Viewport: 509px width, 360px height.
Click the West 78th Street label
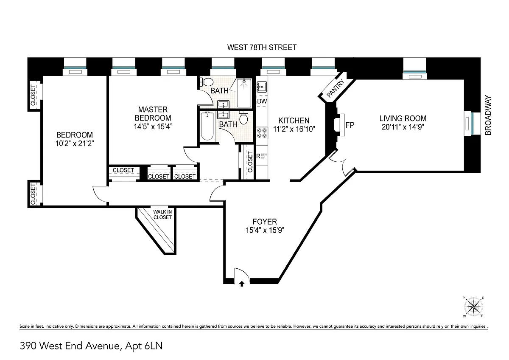(x=262, y=47)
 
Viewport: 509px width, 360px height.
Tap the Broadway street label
(x=488, y=115)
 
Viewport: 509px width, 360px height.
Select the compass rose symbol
(x=473, y=307)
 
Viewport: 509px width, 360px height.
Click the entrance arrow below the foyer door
(x=242, y=284)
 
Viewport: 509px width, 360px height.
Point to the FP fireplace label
(x=350, y=125)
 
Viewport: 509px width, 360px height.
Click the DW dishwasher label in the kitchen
(x=262, y=101)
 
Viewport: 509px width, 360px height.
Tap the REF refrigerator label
(x=262, y=156)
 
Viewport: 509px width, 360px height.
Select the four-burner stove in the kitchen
(x=262, y=133)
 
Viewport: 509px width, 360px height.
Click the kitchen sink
(x=262, y=87)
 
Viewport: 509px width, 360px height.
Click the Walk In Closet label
(x=162, y=215)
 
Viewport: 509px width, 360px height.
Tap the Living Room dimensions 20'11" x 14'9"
(x=403, y=127)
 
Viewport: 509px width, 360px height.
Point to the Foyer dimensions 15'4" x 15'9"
(x=265, y=231)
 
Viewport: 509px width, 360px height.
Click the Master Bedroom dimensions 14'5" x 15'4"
(x=153, y=127)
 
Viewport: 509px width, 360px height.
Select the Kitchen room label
(x=294, y=121)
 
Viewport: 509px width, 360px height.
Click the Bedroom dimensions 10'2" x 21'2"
(x=75, y=143)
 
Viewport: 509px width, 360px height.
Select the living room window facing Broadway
(x=472, y=124)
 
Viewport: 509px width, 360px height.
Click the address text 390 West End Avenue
(x=70, y=346)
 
